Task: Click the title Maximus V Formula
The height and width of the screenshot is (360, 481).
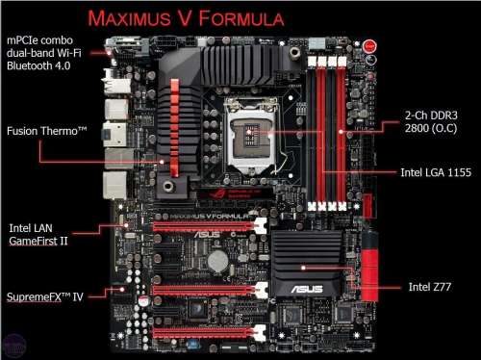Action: click(x=186, y=18)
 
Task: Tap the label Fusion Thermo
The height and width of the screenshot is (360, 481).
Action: click(x=47, y=131)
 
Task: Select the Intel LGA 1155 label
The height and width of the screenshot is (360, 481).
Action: click(x=436, y=172)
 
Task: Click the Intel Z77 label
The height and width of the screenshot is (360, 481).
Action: click(x=430, y=287)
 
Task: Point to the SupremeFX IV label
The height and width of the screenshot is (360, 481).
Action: click(x=45, y=296)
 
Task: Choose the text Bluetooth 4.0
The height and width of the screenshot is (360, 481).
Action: click(x=38, y=65)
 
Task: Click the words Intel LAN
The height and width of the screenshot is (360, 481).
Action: click(x=31, y=228)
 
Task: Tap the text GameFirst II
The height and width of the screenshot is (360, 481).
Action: click(x=38, y=241)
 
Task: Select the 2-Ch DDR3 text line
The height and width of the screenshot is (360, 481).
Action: click(x=431, y=116)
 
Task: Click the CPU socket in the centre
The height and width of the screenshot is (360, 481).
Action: click(x=251, y=135)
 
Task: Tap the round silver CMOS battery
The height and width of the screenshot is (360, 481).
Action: click(x=217, y=261)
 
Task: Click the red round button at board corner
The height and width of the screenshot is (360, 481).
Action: click(x=369, y=46)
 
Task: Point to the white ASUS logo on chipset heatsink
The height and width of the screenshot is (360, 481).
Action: click(x=307, y=289)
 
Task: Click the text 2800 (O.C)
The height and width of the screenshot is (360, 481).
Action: click(x=431, y=128)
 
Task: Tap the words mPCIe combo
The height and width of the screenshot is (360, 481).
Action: click(x=39, y=40)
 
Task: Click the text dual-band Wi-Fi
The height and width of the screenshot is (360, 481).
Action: click(x=44, y=53)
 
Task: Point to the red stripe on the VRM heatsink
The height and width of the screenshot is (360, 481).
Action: click(x=174, y=128)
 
